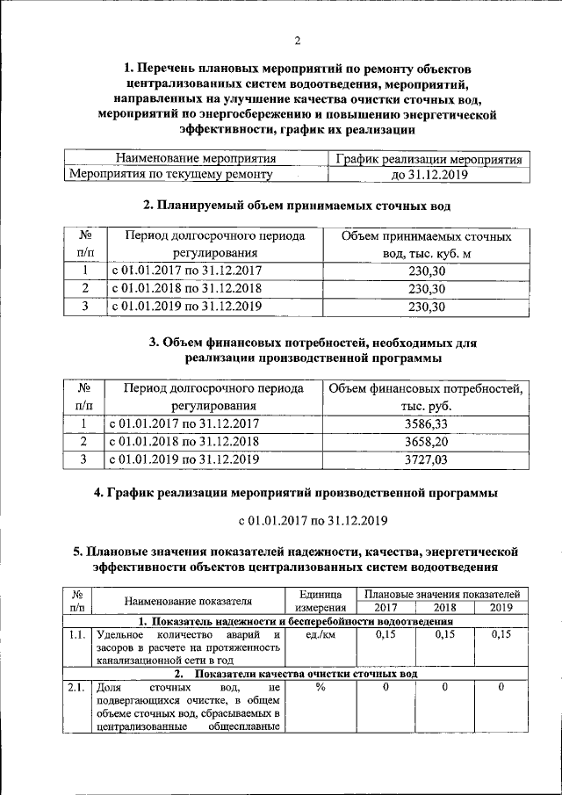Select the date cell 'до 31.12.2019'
(x=427, y=175)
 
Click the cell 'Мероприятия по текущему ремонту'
(x=171, y=175)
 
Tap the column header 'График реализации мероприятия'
(x=427, y=160)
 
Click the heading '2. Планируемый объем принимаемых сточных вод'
(x=297, y=206)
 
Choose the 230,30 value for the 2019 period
(x=428, y=307)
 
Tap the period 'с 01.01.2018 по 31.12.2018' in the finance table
(x=184, y=441)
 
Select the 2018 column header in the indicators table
(x=439, y=608)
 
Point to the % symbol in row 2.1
(x=321, y=688)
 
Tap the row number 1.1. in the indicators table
(x=77, y=635)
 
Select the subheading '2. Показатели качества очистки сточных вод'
(x=297, y=674)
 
